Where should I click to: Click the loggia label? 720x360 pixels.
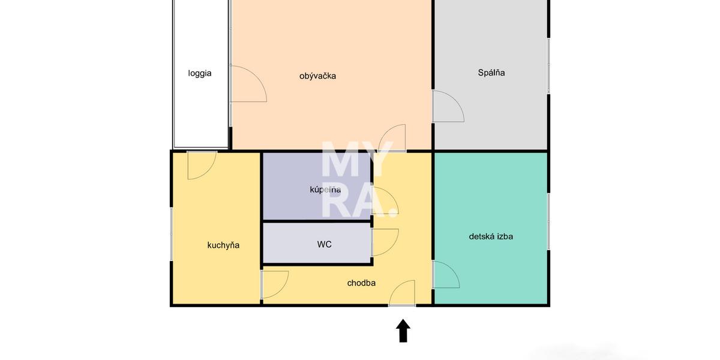pos(200,74)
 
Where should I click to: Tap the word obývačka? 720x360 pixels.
pos(318,76)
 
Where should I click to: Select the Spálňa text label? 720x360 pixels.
pos(491,73)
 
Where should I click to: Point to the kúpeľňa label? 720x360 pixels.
pos(325,190)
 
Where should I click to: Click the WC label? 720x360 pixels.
pos(325,244)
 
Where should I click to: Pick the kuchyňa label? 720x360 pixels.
pos(223,245)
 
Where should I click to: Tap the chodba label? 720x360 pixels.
pos(362,283)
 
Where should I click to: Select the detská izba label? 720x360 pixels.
pos(491,236)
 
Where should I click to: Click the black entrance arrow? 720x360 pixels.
pos(403,331)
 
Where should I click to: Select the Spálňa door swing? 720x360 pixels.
pos(448,106)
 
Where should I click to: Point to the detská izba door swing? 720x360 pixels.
pos(446,275)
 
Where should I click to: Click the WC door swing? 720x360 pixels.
pos(384,242)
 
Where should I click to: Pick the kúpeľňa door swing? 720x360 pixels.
pos(383,200)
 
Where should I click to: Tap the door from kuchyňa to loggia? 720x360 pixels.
pos(201,165)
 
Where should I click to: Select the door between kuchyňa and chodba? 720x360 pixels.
pos(274,284)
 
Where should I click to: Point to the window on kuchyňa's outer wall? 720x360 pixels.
pos(172,234)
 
